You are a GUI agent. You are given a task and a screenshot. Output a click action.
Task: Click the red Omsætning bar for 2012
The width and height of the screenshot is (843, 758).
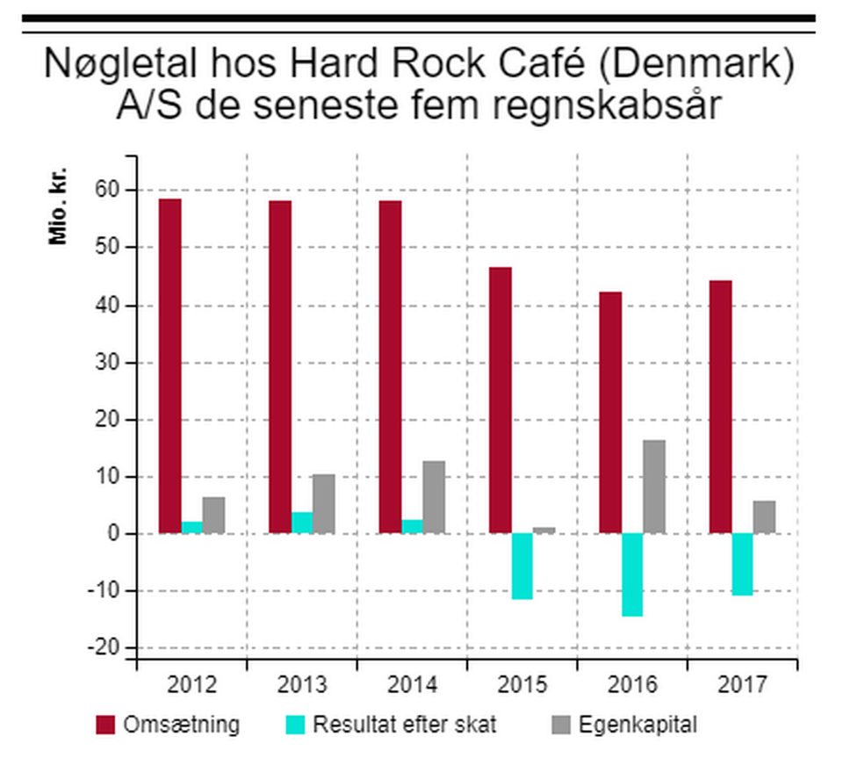tap(170, 365)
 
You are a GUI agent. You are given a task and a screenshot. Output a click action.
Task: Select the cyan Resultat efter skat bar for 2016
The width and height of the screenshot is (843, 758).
tap(632, 574)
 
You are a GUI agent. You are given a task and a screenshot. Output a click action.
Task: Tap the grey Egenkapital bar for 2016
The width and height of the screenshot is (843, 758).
tap(654, 487)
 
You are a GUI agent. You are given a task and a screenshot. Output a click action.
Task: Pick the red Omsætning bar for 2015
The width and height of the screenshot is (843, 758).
tap(501, 400)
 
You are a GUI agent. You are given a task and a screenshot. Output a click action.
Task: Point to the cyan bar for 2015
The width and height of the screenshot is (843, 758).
tap(522, 566)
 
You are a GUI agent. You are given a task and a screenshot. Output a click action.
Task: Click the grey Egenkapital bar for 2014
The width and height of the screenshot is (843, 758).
tap(434, 497)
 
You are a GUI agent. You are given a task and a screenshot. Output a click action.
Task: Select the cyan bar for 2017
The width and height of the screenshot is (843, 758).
tap(742, 564)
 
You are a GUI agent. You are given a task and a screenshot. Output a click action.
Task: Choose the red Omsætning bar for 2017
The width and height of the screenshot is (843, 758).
tap(720, 407)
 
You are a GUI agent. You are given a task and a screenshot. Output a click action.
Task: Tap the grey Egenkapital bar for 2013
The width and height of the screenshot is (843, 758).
tap(324, 503)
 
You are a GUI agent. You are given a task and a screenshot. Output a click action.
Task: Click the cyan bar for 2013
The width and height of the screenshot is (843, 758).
tap(302, 523)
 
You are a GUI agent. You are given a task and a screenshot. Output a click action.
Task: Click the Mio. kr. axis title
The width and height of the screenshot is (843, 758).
tap(58, 204)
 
